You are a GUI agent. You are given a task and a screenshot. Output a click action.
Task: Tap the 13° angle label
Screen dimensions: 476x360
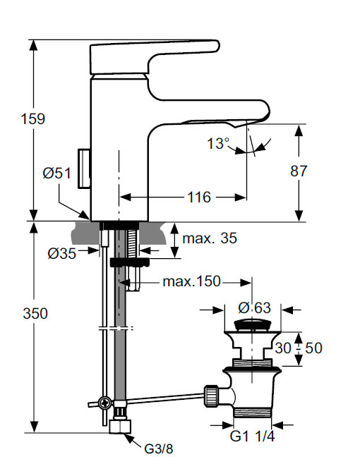point(218,144)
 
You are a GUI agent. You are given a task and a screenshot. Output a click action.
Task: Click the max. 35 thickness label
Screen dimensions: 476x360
point(210,238)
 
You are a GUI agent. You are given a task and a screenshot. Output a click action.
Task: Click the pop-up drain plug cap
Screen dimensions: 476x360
point(251,326)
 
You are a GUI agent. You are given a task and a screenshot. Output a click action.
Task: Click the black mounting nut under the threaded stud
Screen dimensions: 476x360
point(130,262)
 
